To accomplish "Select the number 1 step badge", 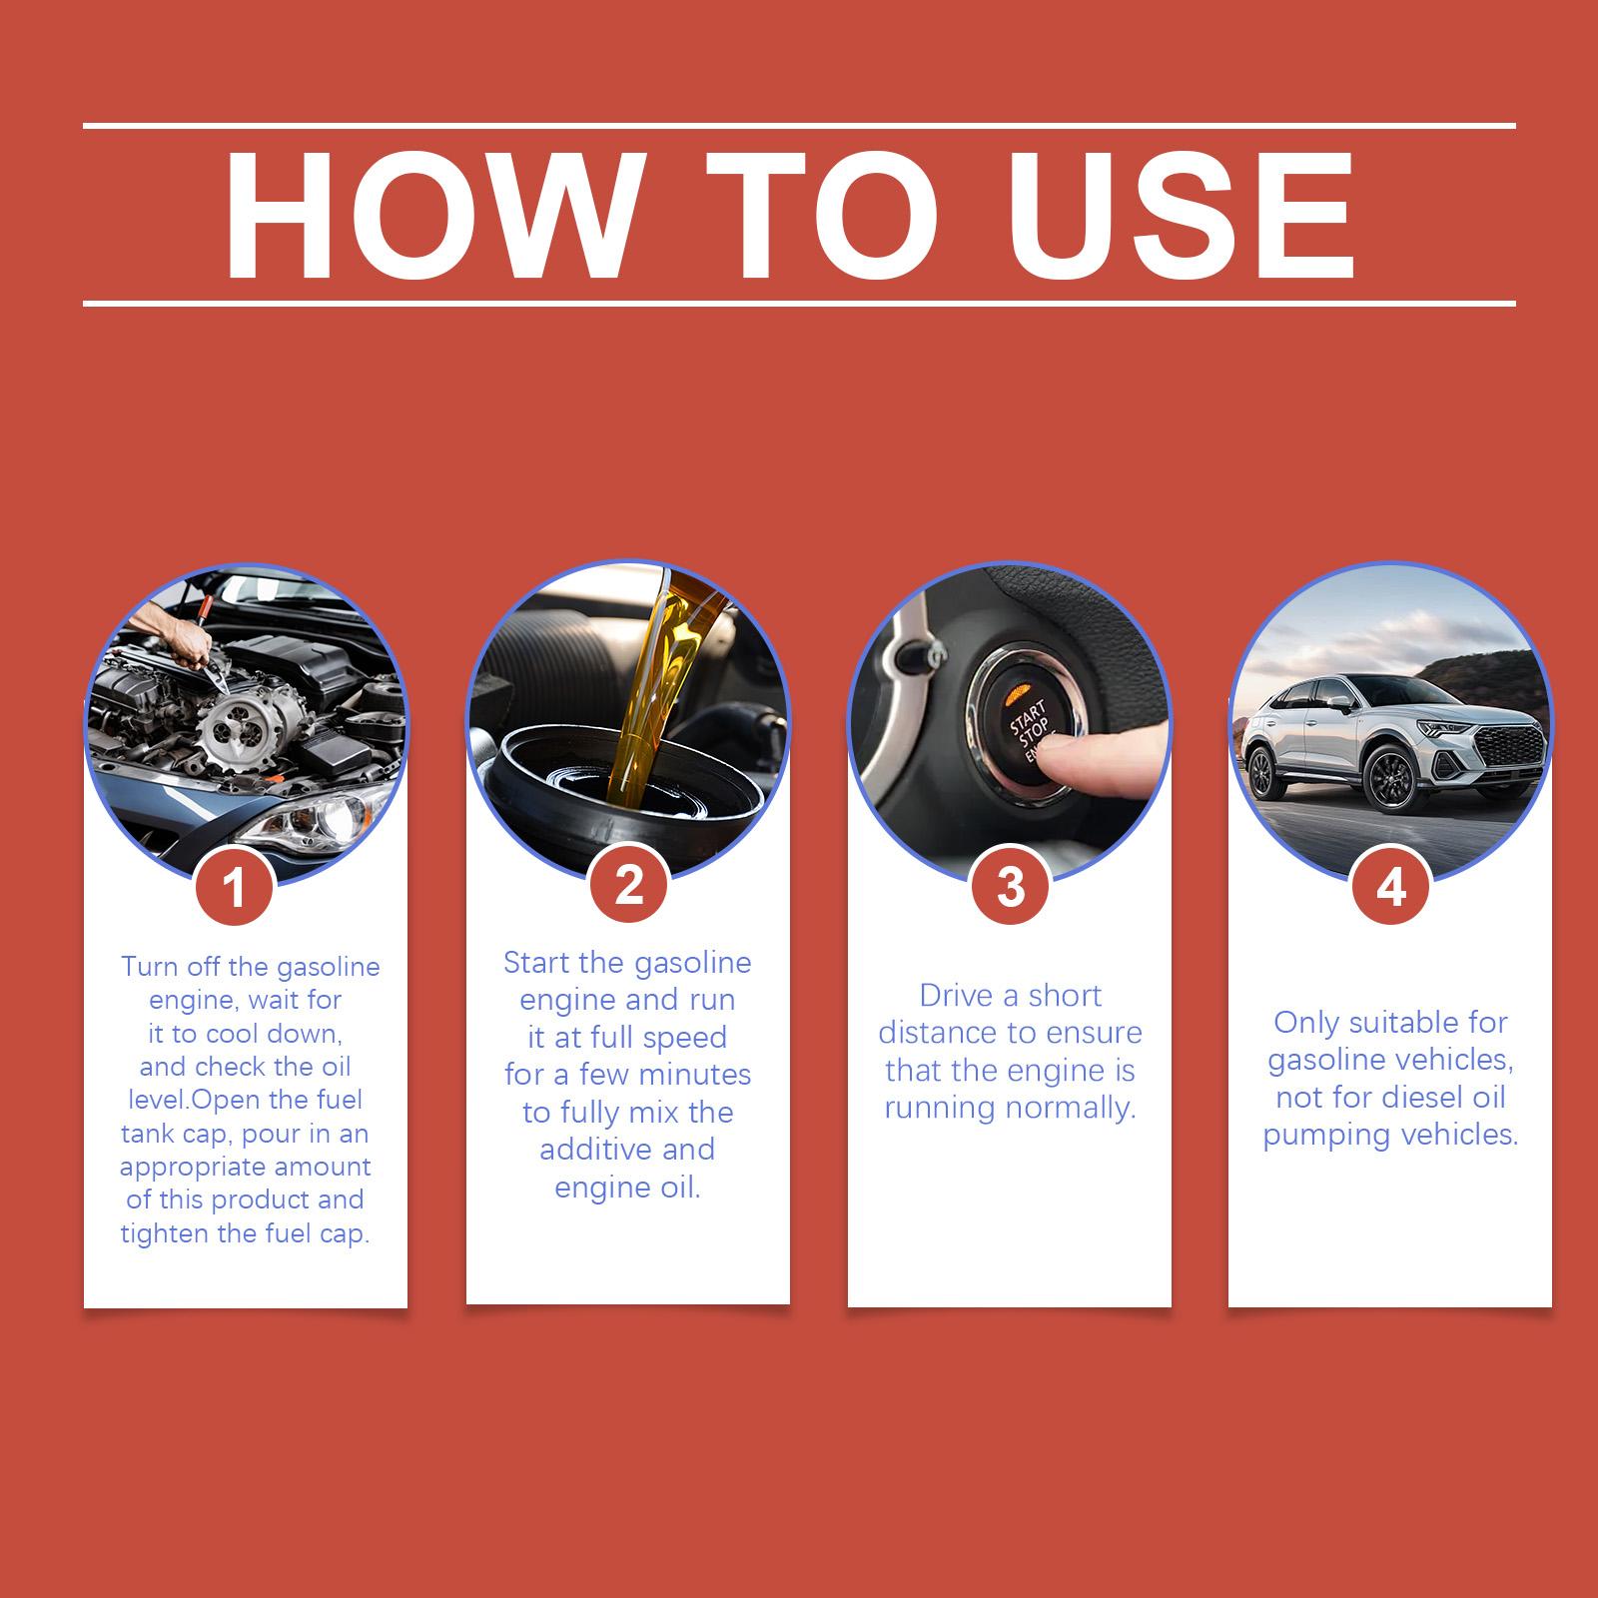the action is point(234,886).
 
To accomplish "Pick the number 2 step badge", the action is point(628,884).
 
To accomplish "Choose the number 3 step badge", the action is point(1010,886).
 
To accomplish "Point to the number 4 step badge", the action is point(1390,885).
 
